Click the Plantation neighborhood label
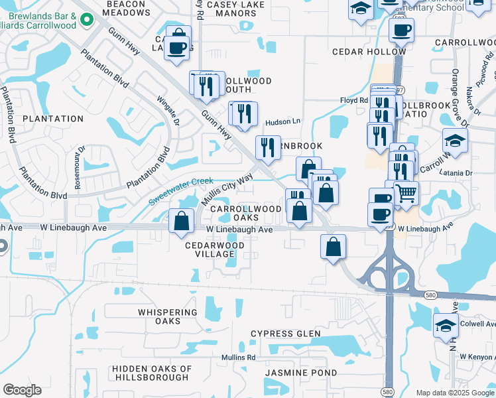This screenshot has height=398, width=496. point(53,119)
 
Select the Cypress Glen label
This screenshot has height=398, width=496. point(285,334)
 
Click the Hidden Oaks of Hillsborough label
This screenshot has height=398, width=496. point(152,373)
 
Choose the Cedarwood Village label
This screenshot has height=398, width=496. point(214,249)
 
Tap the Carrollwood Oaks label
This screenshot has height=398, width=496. point(246,213)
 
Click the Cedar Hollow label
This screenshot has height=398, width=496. point(369,52)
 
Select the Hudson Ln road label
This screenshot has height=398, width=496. point(283,122)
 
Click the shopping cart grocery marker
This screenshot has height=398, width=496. point(406,193)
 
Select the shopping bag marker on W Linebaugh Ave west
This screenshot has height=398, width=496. point(181,222)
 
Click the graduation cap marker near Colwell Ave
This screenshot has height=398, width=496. point(446,326)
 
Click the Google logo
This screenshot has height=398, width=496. point(22,390)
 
